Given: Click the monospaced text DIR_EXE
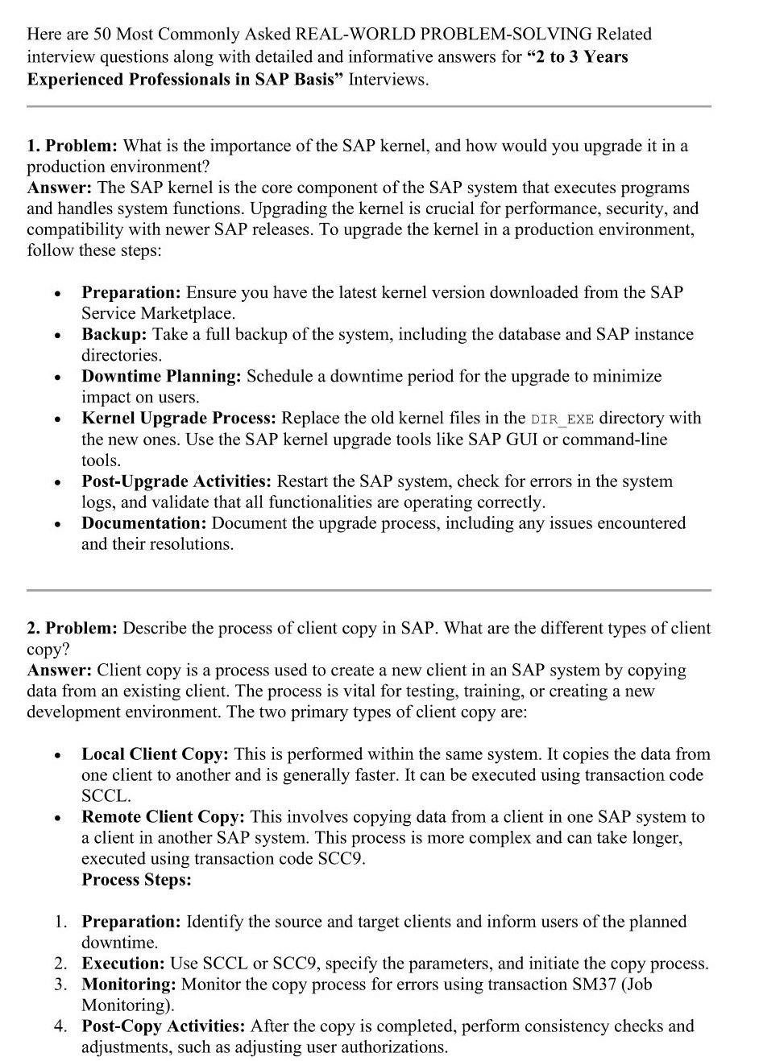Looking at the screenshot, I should tap(562, 419).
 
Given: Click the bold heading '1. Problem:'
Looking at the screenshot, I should tap(73, 146).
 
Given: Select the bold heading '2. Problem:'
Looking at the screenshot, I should tap(73, 628).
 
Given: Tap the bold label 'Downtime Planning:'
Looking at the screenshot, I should tap(161, 376).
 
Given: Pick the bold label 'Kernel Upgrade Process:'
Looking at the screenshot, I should tap(179, 418).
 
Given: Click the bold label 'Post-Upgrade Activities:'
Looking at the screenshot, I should tap(176, 481).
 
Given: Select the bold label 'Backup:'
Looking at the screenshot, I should tap(114, 334).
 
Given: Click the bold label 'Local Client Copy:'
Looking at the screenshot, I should tap(155, 754).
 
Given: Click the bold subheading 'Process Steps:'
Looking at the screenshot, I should tap(136, 880).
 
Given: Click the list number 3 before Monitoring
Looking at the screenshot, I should tap(60, 984).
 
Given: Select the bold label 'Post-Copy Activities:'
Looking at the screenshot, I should tap(164, 1026).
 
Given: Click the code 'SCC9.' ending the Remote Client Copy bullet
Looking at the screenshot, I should tap(342, 859).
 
